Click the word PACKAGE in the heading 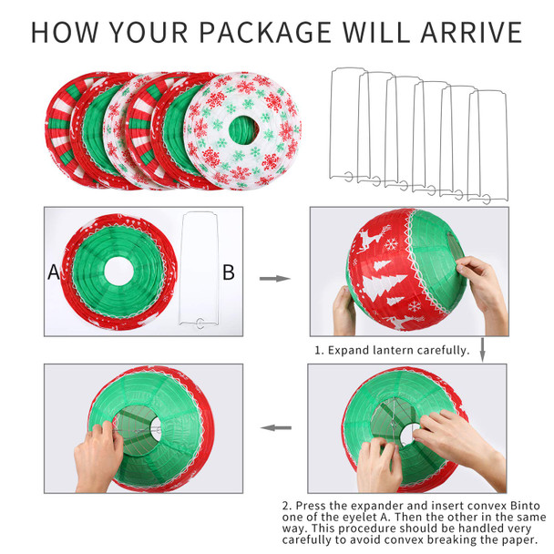click(x=265, y=32)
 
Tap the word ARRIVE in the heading click(x=471, y=32)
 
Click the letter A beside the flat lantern click(x=54, y=272)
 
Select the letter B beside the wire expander click(x=229, y=272)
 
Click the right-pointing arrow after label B click(x=275, y=279)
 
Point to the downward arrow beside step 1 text click(x=483, y=349)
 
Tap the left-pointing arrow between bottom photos click(x=276, y=428)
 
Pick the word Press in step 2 click(x=310, y=506)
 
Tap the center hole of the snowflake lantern click(x=243, y=130)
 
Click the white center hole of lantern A click(x=119, y=272)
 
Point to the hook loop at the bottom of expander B click(x=200, y=323)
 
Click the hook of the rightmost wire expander click(x=487, y=199)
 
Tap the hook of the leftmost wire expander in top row click(x=349, y=176)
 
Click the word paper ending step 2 click(x=519, y=540)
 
